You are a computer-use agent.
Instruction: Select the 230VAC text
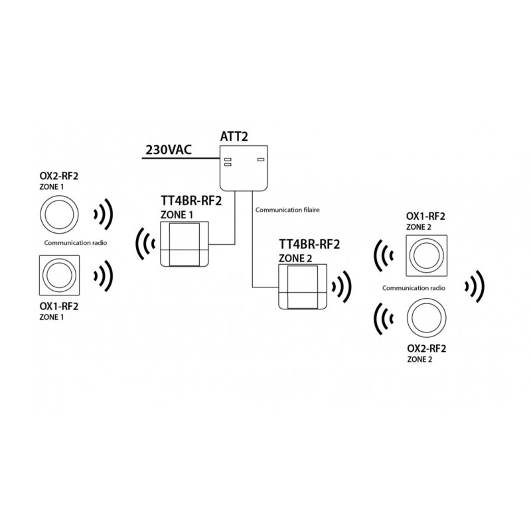coord(167,150)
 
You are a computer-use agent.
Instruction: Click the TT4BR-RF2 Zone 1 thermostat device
coord(185,244)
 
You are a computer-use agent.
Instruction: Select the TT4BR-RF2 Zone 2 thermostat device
coord(303,285)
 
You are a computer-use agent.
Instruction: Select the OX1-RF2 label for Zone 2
coord(425,217)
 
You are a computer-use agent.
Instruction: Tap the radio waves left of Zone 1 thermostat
coord(145,244)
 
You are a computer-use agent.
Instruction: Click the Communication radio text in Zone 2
coord(415,288)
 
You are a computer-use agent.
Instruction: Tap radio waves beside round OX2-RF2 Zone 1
coord(103,214)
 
